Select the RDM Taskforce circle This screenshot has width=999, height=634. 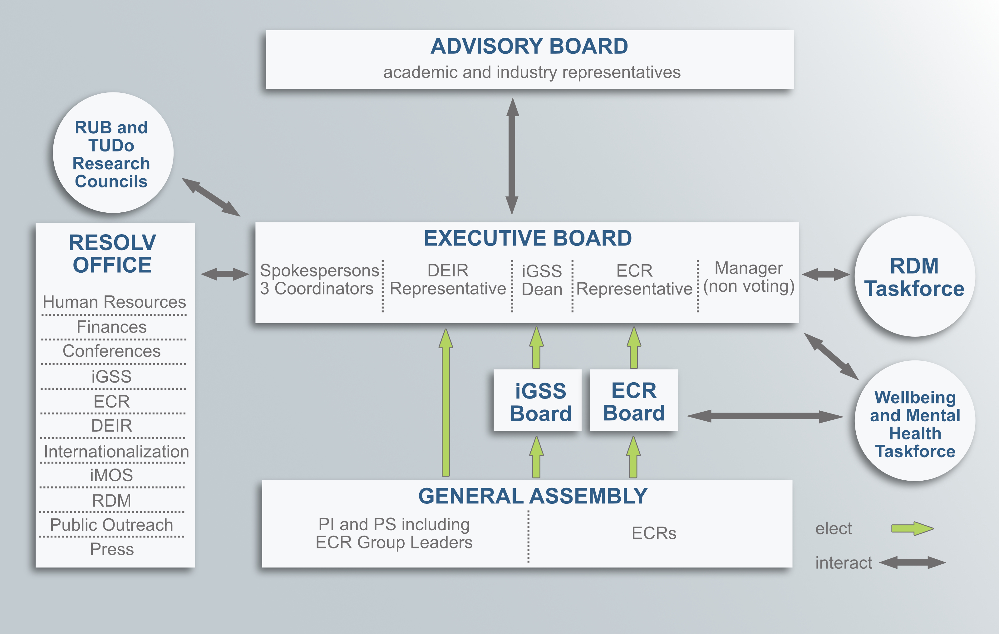click(x=914, y=277)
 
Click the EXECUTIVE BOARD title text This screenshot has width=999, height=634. click(x=528, y=239)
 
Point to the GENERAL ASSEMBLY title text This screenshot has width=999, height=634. click(x=532, y=496)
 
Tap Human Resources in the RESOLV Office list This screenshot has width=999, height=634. click(x=114, y=302)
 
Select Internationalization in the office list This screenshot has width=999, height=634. click(x=116, y=451)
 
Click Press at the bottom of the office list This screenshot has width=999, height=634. click(x=112, y=549)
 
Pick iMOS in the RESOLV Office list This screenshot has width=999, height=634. click(x=111, y=475)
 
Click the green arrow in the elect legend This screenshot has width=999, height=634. click(x=912, y=529)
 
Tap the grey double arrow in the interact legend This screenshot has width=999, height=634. click(x=912, y=562)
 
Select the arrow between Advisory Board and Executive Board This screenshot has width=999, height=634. click(x=512, y=156)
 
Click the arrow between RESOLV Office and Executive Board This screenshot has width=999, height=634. click(x=225, y=274)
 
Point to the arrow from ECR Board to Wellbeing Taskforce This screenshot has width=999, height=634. click(x=765, y=416)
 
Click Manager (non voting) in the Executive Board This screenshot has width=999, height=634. click(x=749, y=277)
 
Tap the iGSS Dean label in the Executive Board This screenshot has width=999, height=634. click(x=542, y=280)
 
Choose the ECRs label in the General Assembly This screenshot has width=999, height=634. click(x=654, y=533)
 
